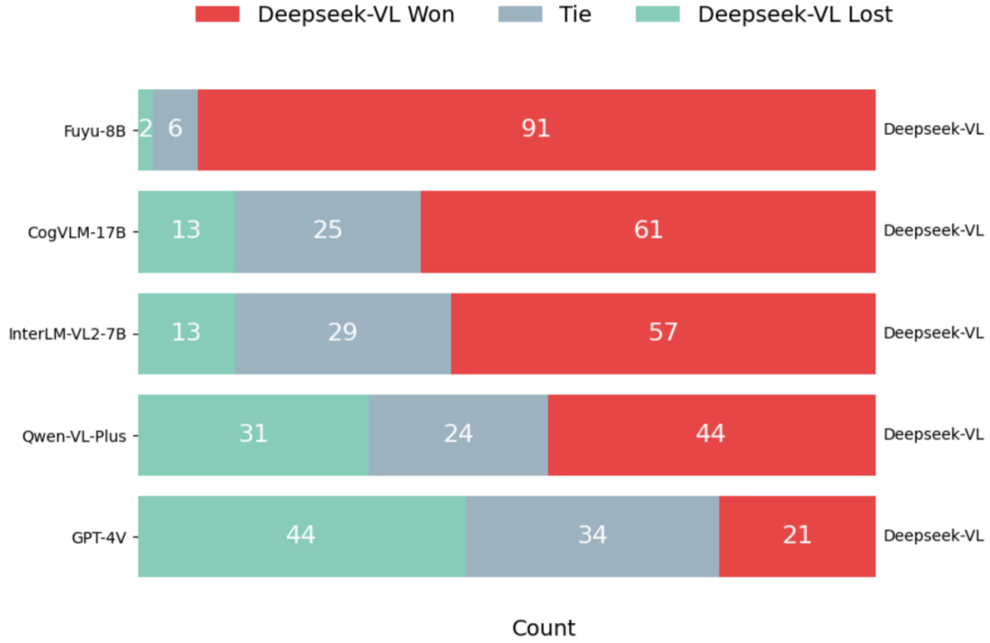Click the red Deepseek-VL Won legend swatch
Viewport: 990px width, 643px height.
[x=217, y=14]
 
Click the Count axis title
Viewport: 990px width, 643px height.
[x=544, y=628]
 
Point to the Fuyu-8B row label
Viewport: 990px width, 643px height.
[x=95, y=129]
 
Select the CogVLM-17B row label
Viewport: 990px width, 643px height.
[x=77, y=231]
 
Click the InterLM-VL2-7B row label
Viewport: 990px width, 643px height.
[x=67, y=333]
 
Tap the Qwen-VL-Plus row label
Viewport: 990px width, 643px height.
[x=74, y=435]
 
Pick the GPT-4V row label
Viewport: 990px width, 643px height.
[x=99, y=537]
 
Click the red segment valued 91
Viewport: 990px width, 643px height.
[x=536, y=129]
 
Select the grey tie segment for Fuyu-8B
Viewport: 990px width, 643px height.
[x=175, y=129]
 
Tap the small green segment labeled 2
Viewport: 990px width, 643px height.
[x=145, y=129]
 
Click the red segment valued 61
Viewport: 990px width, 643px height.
[x=648, y=231]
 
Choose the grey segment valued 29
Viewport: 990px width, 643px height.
[x=343, y=333]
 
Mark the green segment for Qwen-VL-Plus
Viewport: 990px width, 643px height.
[x=253, y=435]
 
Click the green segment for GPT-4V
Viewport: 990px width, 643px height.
[x=301, y=537]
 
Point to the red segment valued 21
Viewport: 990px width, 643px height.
[x=797, y=537]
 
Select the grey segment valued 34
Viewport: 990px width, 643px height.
[x=592, y=537]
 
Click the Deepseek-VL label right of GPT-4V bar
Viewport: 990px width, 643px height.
[x=933, y=537]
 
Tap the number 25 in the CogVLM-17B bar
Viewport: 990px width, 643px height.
[x=327, y=230]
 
